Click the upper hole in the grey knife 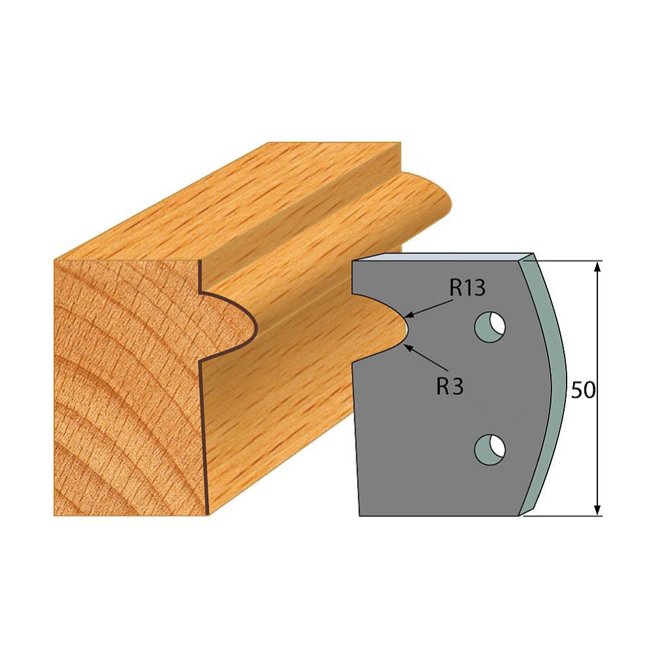coord(490,326)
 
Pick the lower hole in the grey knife coord(490,447)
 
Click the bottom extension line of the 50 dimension coord(563,515)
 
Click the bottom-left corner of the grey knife coord(361,514)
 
